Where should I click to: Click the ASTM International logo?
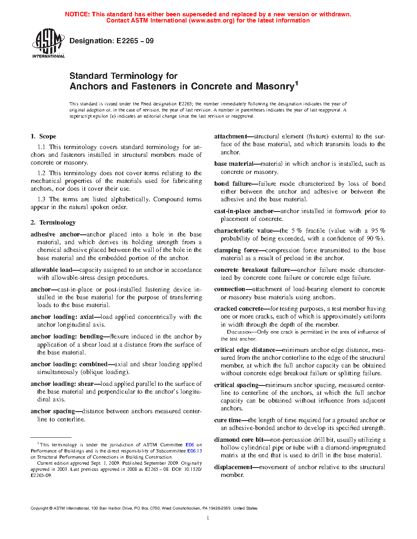(x=48, y=43)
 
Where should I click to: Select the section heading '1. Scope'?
(x=43, y=136)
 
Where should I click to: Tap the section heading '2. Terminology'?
(x=53, y=223)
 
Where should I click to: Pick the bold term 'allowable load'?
(x=51, y=270)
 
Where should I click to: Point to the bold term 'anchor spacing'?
(x=53, y=411)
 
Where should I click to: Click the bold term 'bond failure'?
(x=233, y=184)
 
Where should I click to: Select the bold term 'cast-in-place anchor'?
(x=244, y=211)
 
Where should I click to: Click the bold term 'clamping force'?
(x=236, y=250)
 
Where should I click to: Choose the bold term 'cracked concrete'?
(x=239, y=309)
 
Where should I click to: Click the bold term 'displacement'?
(x=233, y=467)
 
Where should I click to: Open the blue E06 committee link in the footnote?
(x=190, y=445)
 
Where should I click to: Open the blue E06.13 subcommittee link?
(x=195, y=451)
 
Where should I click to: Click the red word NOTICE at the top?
(x=77, y=14)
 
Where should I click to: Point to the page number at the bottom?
(x=208, y=518)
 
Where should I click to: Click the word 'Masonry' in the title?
(x=275, y=87)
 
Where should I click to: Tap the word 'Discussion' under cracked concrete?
(x=239, y=332)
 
